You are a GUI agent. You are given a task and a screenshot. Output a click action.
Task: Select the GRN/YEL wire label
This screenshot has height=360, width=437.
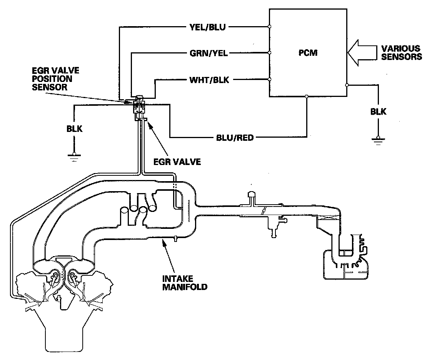pyautogui.click(x=209, y=53)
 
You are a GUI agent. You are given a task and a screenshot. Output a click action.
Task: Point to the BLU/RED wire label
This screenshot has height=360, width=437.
pyautogui.click(x=235, y=137)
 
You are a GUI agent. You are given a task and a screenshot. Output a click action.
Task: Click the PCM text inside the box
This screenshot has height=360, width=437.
pyautogui.click(x=308, y=53)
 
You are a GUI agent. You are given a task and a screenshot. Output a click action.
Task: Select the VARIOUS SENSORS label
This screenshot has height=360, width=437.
pyautogui.click(x=402, y=53)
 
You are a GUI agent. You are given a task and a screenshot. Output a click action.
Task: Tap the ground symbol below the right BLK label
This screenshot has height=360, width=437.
pyautogui.click(x=379, y=139)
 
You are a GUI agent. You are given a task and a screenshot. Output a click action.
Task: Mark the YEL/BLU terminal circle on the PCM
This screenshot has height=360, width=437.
pyautogui.click(x=269, y=27)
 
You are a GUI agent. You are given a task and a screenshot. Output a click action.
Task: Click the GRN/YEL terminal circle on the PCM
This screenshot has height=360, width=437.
pyautogui.click(x=269, y=53)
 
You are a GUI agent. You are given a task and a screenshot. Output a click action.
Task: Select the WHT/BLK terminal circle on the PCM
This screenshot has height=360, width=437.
pyautogui.click(x=269, y=79)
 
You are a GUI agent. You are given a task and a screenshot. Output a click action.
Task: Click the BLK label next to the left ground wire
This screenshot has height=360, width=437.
pyautogui.click(x=74, y=129)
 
